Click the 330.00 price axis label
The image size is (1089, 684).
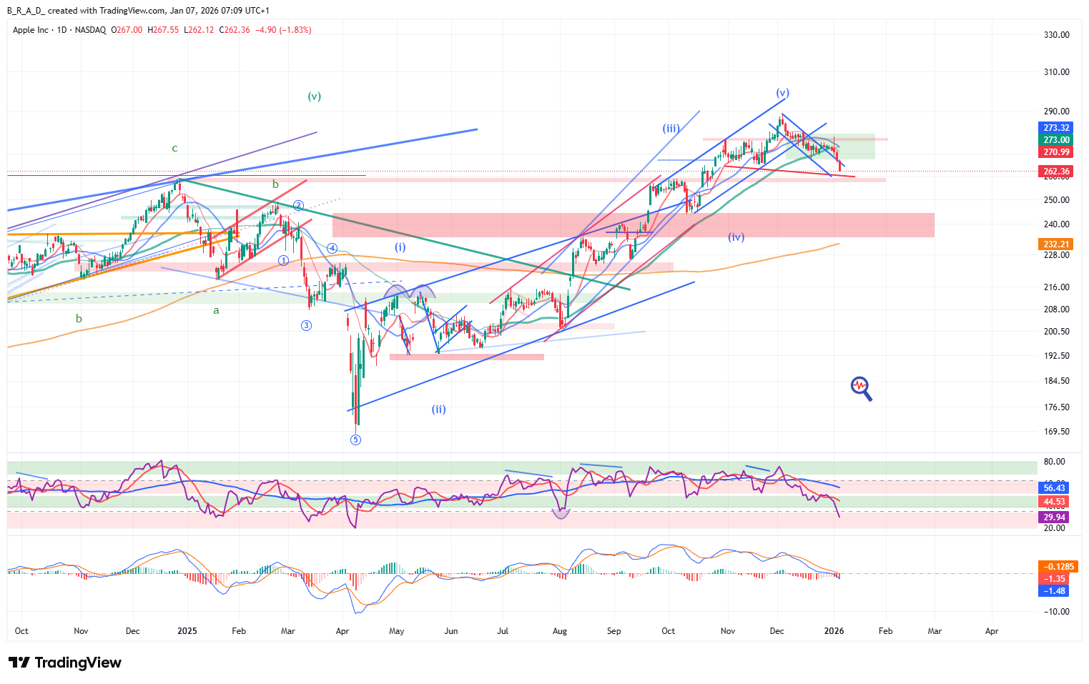[x=1056, y=35]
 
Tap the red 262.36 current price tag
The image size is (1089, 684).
[x=1055, y=172]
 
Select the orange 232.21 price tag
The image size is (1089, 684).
[x=1055, y=244]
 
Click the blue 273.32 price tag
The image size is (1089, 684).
[x=1055, y=128]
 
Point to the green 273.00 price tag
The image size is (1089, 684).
[x=1055, y=140]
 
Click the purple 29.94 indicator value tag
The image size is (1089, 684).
[x=1054, y=517]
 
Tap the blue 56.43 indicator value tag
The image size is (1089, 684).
[x=1054, y=488]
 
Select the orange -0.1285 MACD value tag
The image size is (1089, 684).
[x=1057, y=567]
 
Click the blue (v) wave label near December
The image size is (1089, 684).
[x=782, y=93]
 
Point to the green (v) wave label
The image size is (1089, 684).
[x=314, y=96]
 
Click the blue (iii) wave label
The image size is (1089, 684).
[x=670, y=129]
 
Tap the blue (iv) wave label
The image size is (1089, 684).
[x=736, y=237]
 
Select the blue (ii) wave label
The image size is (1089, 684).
[x=438, y=410]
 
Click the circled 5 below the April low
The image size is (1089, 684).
[x=355, y=440]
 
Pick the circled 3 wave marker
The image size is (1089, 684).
[x=306, y=325]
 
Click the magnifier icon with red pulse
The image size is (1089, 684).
[x=861, y=388]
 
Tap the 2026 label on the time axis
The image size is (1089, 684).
[x=834, y=631]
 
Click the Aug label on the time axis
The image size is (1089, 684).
[x=559, y=631]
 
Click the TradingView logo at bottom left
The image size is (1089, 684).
[x=64, y=663]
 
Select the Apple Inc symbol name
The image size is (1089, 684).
[x=31, y=30]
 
